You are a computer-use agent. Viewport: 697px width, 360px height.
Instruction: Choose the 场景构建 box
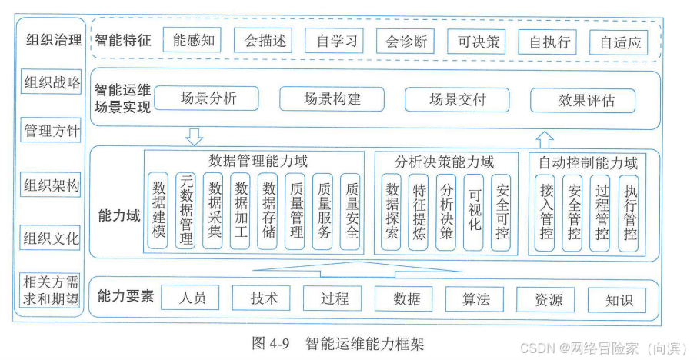pos(332,99)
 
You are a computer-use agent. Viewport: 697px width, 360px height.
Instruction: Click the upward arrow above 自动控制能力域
pos(545,139)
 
